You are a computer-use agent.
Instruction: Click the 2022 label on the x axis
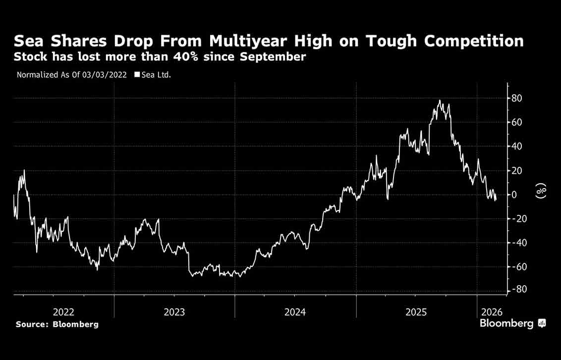click(63, 312)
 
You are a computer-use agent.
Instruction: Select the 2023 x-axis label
click(174, 312)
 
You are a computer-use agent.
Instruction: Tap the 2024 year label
click(295, 312)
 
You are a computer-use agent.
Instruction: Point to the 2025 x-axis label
click(416, 312)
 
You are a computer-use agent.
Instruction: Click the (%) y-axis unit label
click(542, 191)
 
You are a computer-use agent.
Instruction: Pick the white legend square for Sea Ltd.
click(136, 75)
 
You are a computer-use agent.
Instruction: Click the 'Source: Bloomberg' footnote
click(57, 324)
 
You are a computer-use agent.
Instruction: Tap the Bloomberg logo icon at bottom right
click(542, 323)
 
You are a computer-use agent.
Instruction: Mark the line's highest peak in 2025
click(440, 101)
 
